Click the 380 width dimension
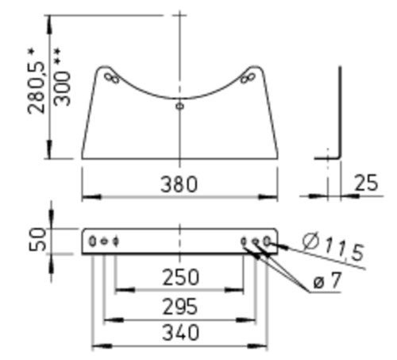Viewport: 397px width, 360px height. point(179,184)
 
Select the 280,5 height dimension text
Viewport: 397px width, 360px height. point(37,81)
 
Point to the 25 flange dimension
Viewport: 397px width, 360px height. point(366,183)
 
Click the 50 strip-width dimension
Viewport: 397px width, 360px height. point(37,239)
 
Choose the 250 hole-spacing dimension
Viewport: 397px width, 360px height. point(180,277)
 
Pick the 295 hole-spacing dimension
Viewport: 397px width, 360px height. point(180,307)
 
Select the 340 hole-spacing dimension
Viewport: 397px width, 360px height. point(180,333)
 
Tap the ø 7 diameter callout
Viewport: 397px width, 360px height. point(327,281)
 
